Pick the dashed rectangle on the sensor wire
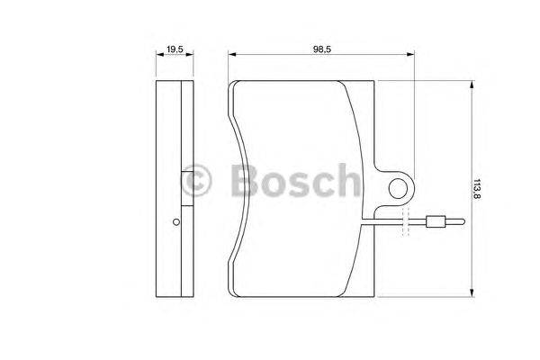click(x=406, y=222)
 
